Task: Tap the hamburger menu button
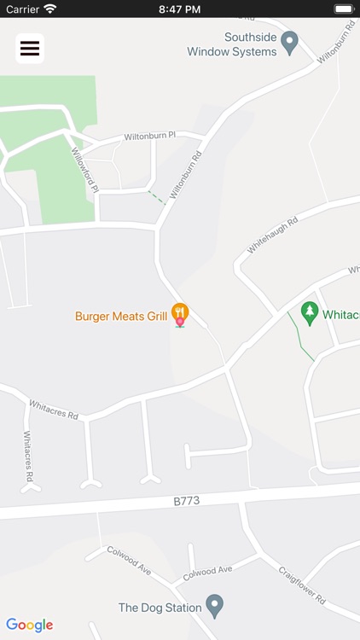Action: (30, 49)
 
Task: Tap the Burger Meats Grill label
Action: (121, 317)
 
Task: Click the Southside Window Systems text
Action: (232, 44)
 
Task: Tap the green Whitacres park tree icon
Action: (310, 312)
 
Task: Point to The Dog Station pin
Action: (215, 606)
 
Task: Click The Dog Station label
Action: (160, 608)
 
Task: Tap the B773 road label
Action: (185, 501)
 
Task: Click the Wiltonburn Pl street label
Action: (149, 136)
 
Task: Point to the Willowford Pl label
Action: (85, 170)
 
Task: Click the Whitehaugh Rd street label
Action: (272, 235)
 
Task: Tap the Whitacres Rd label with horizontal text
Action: (54, 410)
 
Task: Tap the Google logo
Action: (30, 625)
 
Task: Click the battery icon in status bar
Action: (344, 9)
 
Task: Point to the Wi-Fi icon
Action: (50, 9)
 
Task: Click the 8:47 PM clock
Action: (179, 9)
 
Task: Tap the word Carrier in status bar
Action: (22, 9)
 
